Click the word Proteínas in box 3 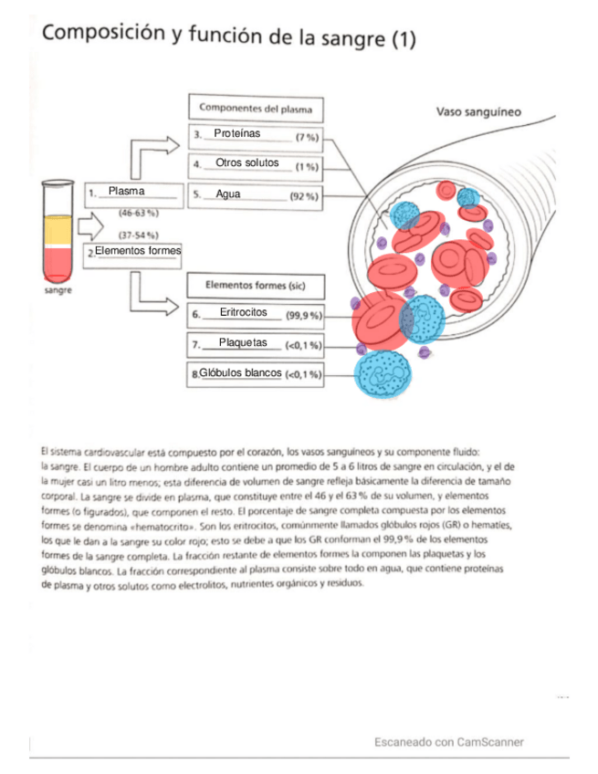(x=236, y=134)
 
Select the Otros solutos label (x=247, y=163)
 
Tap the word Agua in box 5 (x=228, y=194)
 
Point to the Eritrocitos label (x=243, y=312)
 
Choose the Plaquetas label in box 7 (x=243, y=343)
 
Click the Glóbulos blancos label (x=240, y=373)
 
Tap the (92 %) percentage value (x=303, y=196)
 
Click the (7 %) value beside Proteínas (x=306, y=137)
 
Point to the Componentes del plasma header (x=255, y=109)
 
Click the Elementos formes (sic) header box (x=255, y=285)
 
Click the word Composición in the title (x=100, y=35)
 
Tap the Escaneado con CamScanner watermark (x=448, y=742)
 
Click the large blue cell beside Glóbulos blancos (x=381, y=371)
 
